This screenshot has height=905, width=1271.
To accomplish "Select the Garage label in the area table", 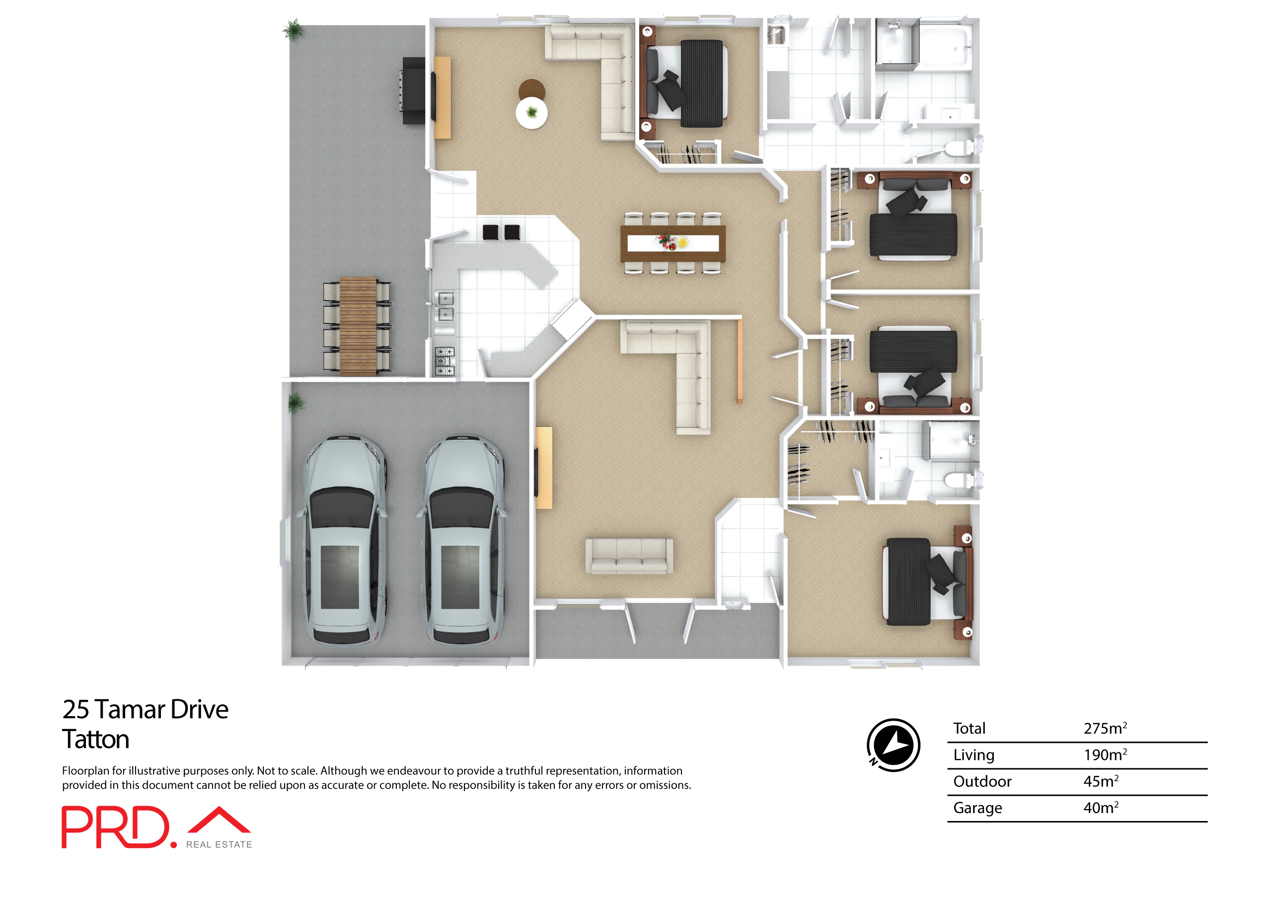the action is (x=977, y=808).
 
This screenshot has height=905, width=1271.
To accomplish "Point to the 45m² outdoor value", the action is (x=1101, y=781).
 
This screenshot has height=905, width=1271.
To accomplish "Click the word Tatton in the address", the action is (x=96, y=740).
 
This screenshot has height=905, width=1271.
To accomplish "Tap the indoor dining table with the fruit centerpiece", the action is (x=673, y=243).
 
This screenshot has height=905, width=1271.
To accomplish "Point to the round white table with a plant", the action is (x=531, y=113).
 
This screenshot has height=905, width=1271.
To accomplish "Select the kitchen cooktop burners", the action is (x=445, y=360).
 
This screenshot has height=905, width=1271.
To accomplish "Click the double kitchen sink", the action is (x=445, y=306).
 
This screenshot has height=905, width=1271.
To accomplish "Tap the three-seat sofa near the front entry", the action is (x=629, y=556).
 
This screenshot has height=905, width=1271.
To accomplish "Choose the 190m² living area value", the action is (x=1105, y=754).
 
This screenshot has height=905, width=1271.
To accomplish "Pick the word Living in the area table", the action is (x=973, y=755).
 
